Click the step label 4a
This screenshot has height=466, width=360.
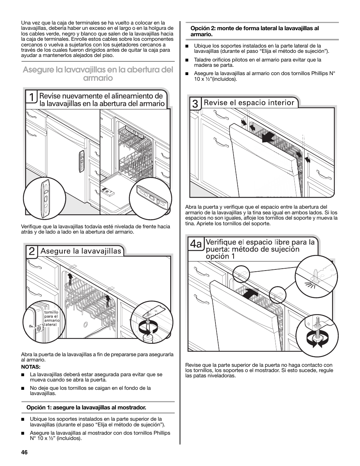click(196, 244)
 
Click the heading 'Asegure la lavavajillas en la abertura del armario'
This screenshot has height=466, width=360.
click(98, 74)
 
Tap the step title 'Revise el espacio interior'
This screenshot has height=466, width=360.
click(249, 103)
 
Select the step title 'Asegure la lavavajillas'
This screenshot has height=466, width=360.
click(81, 251)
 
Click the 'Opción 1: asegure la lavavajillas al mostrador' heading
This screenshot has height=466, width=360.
click(86, 408)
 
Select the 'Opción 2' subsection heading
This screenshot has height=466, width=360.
click(252, 31)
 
